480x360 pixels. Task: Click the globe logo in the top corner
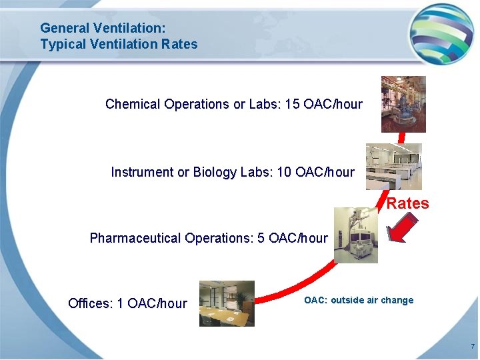pyautogui.click(x=441, y=32)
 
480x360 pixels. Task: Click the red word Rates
pyautogui.click(x=407, y=203)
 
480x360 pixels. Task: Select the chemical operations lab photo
pyautogui.click(x=403, y=104)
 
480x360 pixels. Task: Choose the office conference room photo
pyautogui.click(x=227, y=303)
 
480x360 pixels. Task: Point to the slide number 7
pyautogui.click(x=472, y=347)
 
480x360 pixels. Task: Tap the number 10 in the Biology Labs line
pyautogui.click(x=284, y=172)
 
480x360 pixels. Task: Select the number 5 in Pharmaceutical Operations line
pyautogui.click(x=261, y=238)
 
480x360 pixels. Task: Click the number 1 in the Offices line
pyautogui.click(x=120, y=303)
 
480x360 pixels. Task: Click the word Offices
pyautogui.click(x=90, y=303)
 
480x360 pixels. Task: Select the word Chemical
pyautogui.click(x=133, y=104)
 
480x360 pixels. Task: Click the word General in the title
pyautogui.click(x=65, y=28)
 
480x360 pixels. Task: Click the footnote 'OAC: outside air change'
pyautogui.click(x=359, y=300)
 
